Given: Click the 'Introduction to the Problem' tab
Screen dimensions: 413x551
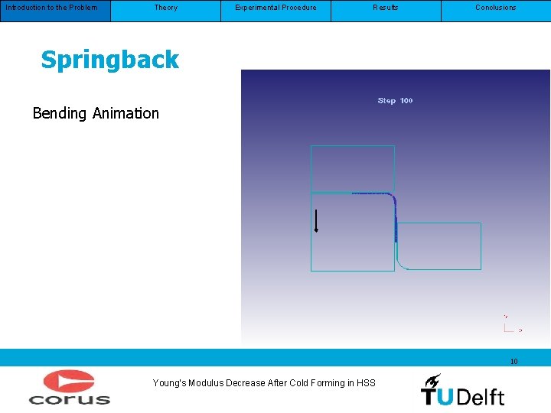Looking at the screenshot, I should [x=52, y=8].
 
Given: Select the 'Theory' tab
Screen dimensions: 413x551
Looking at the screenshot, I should [x=165, y=8].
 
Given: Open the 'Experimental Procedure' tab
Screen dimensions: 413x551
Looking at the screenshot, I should [x=275, y=8].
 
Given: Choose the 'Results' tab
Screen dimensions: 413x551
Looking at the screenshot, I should [x=386, y=8].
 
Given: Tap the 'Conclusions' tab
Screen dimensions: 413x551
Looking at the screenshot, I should [x=496, y=8].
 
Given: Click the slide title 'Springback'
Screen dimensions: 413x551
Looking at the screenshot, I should [x=109, y=60].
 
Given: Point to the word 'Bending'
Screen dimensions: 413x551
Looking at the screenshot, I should [x=60, y=114].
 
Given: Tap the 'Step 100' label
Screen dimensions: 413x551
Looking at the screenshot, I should [x=395, y=101].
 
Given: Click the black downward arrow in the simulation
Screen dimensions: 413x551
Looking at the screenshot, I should [x=316, y=220].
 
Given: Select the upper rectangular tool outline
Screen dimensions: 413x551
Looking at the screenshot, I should [x=352, y=167].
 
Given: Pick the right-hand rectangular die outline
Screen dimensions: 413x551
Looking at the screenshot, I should [x=440, y=246].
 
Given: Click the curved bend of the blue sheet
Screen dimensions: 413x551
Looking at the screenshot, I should [x=391, y=200].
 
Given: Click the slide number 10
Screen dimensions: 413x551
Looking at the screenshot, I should [x=514, y=361].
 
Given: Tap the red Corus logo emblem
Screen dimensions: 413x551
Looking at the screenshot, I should [x=68, y=382].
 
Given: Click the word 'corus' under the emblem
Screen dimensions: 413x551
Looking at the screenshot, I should [x=70, y=398].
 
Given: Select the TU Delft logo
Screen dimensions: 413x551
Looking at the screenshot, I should [x=462, y=389].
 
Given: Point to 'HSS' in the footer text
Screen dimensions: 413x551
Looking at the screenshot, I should [x=366, y=383].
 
